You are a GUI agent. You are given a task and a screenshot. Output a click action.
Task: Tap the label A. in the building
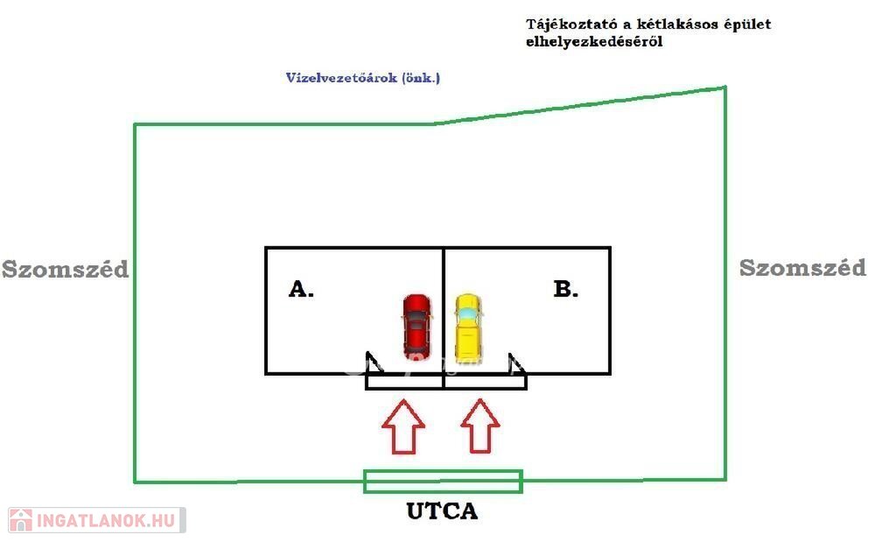click(301, 290)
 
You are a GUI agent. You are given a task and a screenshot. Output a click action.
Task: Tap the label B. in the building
click(566, 290)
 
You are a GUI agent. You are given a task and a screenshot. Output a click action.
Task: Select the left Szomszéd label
click(65, 269)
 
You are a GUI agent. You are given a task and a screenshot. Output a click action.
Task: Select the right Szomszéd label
click(802, 268)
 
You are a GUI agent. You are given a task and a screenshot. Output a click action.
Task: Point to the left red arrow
click(403, 426)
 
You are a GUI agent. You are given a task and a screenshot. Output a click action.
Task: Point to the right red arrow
click(480, 426)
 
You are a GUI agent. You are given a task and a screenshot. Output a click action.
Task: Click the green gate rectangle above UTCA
click(443, 481)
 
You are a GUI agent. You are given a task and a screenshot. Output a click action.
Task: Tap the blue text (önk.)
click(421, 78)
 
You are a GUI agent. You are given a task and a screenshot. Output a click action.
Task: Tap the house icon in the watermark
click(21, 520)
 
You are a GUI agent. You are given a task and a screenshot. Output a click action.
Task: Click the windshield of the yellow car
click(468, 312)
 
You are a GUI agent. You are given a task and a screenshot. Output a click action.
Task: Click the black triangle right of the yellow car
click(517, 363)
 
